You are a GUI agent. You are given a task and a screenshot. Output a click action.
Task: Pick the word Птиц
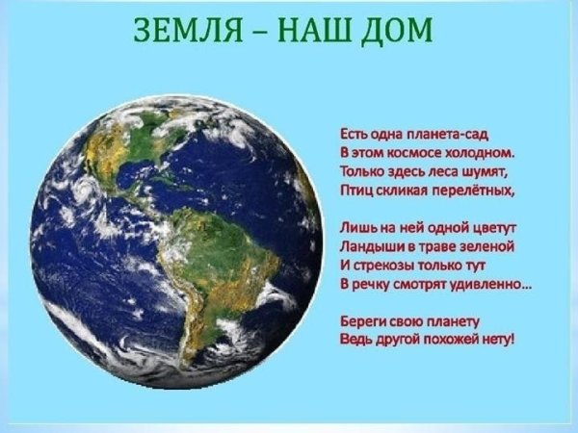pyautogui.click(x=355, y=189)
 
